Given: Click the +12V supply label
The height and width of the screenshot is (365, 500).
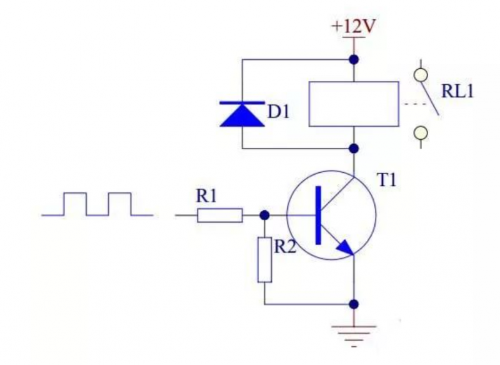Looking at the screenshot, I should tap(353, 27).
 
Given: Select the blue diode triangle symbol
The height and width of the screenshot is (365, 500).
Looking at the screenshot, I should tap(242, 114).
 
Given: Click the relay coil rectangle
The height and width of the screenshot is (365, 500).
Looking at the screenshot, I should tap(354, 104).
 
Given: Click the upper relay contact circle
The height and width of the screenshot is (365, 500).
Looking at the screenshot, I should tap(422, 75).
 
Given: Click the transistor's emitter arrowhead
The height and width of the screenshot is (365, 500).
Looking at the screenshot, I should tap(345, 248).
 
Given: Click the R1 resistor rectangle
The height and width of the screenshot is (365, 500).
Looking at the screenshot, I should tap(220, 216).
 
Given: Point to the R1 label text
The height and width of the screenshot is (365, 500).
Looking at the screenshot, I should tap(206, 196).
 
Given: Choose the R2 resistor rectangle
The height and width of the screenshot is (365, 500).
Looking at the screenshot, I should tap(265, 260).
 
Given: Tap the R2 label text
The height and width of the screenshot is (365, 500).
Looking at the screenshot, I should tap(286, 246).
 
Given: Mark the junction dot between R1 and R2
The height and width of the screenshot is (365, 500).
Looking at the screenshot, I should tap(264, 215).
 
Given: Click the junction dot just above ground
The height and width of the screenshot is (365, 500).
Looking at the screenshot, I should tap(354, 304).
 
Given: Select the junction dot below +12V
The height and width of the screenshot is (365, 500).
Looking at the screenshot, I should tap(354, 60).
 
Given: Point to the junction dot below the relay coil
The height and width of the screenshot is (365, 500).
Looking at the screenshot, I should tap(354, 148).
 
